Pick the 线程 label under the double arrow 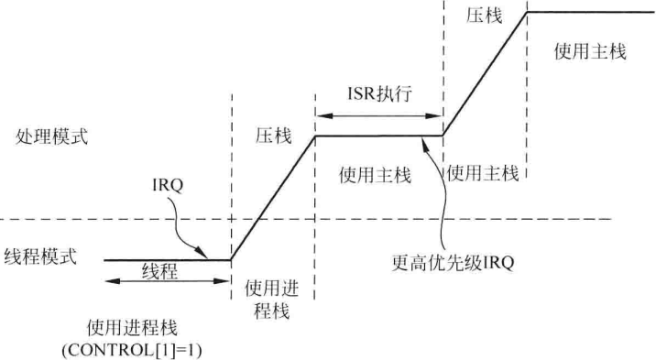[159, 273]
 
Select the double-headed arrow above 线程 [166, 280]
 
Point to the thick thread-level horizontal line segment [166, 260]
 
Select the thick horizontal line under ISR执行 [378, 136]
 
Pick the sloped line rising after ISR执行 [485, 74]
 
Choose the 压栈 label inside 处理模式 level [273, 136]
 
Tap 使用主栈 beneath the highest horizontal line [590, 52]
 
